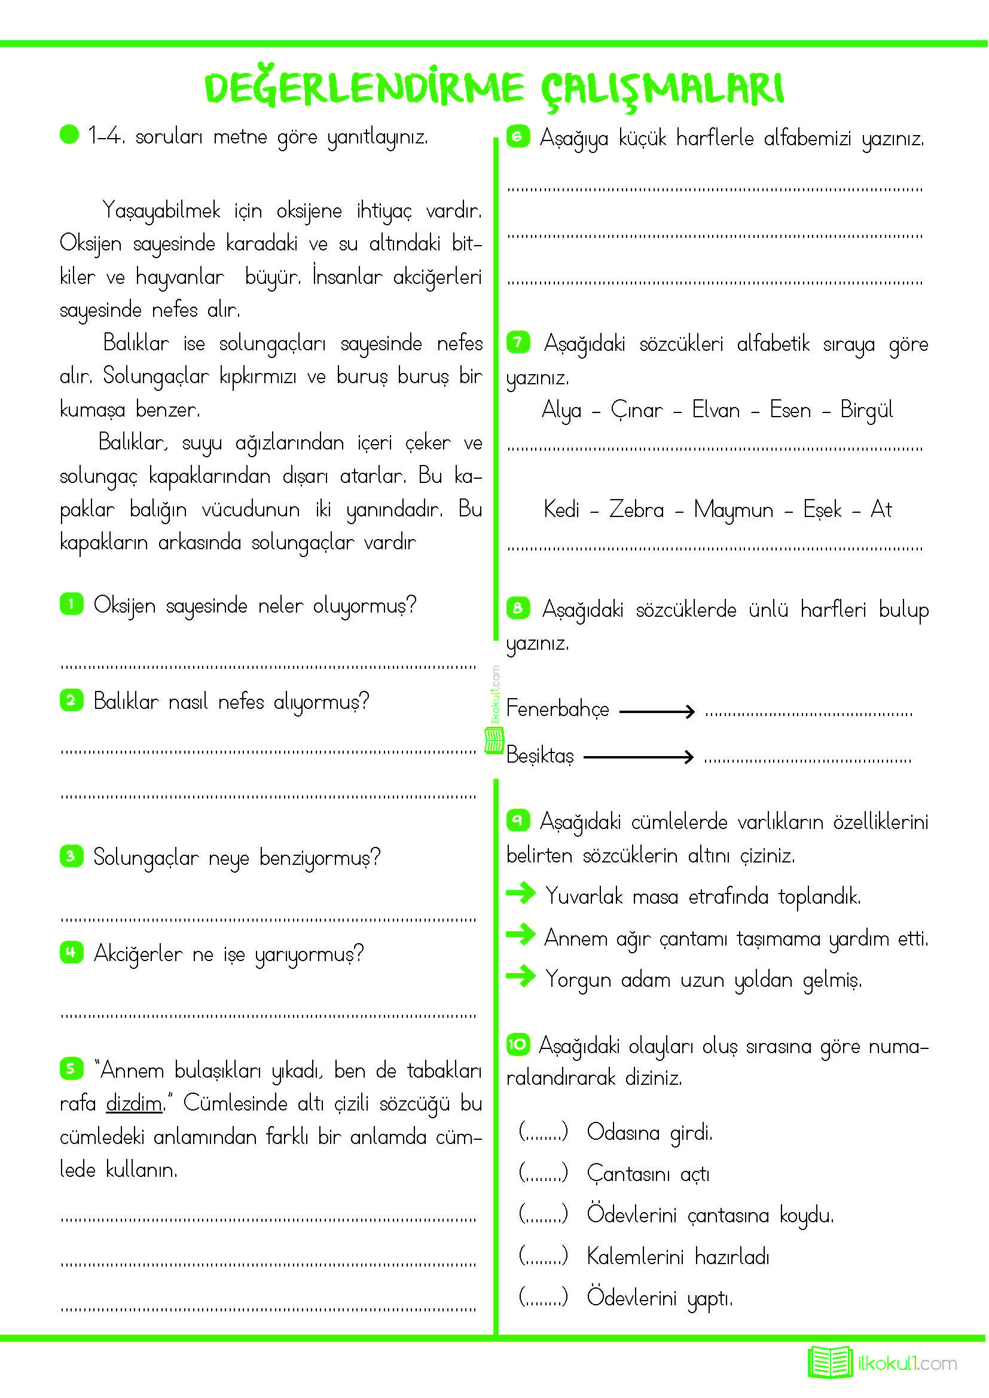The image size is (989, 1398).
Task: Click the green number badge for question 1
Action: (x=71, y=604)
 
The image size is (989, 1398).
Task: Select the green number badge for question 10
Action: (x=518, y=1044)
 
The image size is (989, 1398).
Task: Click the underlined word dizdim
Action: (x=134, y=1103)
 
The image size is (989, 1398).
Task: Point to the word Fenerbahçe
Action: (x=557, y=709)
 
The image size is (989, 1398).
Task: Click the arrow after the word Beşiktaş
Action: (x=638, y=757)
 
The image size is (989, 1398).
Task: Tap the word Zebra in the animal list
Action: (x=636, y=509)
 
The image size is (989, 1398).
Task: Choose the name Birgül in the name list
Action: (x=866, y=410)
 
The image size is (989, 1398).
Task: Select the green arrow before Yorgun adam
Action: (x=521, y=977)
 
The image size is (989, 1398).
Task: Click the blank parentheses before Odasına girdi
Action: (x=543, y=1132)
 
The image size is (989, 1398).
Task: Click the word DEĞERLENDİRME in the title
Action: (x=364, y=88)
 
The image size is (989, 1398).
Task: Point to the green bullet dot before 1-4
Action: (x=69, y=134)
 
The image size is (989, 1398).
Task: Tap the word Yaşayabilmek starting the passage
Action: (x=161, y=210)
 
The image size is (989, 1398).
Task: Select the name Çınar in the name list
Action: (x=636, y=410)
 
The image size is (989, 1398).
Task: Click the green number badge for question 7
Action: (x=518, y=342)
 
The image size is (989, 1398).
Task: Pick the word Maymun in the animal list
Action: (x=733, y=510)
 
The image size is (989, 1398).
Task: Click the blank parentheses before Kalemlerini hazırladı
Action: (x=543, y=1256)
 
